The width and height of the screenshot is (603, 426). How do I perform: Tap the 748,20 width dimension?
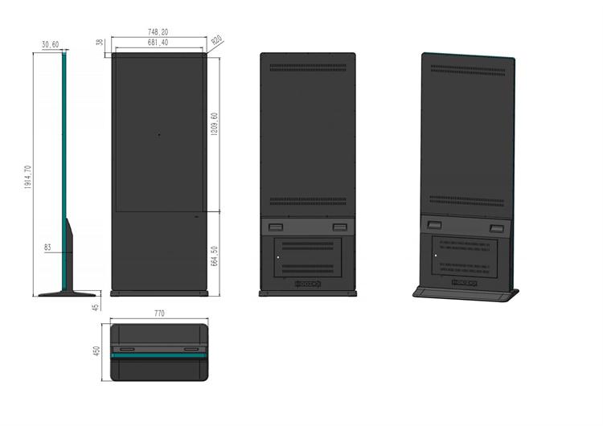158,32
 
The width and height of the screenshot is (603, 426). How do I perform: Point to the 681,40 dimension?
158,42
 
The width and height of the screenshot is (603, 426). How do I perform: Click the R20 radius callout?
217,39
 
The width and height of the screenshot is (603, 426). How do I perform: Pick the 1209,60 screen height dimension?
214,128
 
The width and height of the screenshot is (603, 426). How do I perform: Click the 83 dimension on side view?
47,248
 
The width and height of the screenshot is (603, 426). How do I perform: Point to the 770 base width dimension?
159,313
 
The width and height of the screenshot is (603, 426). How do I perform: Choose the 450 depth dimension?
97,353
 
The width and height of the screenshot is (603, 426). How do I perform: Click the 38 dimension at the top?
99,43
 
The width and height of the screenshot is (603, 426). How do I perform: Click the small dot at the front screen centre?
159,134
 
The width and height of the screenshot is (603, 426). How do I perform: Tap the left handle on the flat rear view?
275,227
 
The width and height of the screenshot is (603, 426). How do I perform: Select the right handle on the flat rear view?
339,227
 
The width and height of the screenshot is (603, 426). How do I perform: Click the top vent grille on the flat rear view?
308,68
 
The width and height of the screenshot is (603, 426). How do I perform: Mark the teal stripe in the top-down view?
159,354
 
